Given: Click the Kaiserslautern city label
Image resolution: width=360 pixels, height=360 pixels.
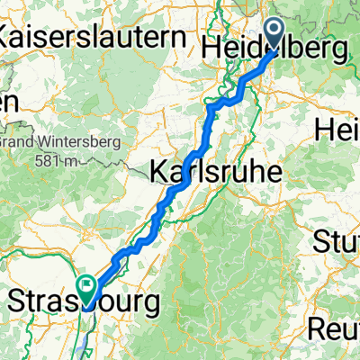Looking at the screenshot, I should pyautogui.click(x=98, y=39).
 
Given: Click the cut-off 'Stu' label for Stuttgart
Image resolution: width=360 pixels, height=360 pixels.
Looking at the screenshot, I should pyautogui.click(x=336, y=241).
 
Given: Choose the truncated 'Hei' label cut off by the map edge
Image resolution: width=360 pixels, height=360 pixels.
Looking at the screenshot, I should pyautogui.click(x=337, y=130).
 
